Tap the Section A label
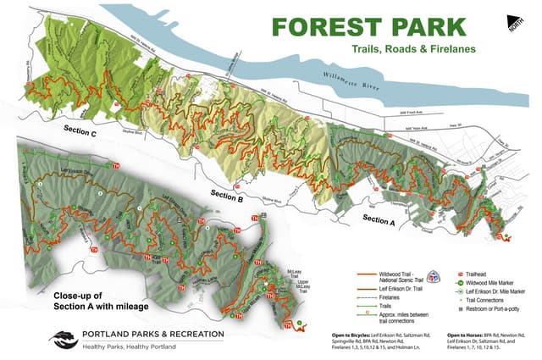[x=379, y=219]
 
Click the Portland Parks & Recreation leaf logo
[x=63, y=339]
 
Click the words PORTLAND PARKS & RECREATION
[x=153, y=334]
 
